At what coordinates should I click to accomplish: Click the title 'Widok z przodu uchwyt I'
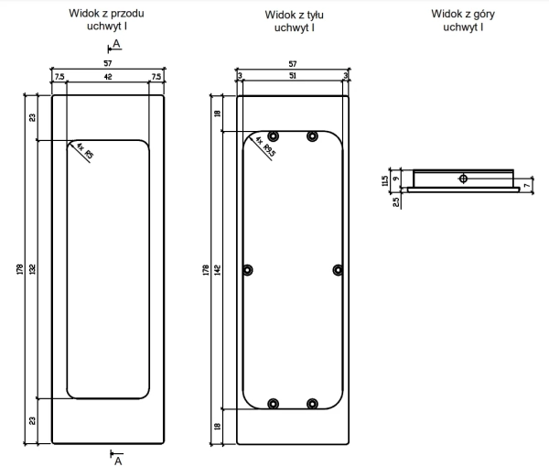(106, 19)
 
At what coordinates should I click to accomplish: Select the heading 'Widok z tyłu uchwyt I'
(294, 21)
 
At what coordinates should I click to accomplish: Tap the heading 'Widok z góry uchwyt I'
(463, 20)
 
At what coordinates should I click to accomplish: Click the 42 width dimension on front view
(108, 76)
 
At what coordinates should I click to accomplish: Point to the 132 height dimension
(33, 269)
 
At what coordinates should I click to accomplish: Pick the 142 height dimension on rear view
(218, 270)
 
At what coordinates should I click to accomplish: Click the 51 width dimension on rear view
(293, 75)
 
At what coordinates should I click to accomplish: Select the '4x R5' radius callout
(85, 151)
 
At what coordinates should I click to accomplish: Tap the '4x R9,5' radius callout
(265, 147)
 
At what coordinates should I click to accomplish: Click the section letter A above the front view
(116, 44)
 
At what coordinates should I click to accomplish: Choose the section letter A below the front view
(118, 461)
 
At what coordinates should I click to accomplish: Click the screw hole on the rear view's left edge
(248, 270)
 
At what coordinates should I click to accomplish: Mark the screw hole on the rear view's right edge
(338, 270)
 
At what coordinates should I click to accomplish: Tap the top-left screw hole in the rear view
(273, 136)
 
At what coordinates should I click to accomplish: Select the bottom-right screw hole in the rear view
(312, 404)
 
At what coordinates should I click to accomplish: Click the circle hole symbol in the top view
(463, 179)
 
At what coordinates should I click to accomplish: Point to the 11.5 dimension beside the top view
(385, 180)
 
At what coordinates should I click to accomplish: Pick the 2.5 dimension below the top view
(396, 202)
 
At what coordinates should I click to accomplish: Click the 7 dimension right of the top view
(527, 185)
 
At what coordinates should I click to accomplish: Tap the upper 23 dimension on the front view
(33, 117)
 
